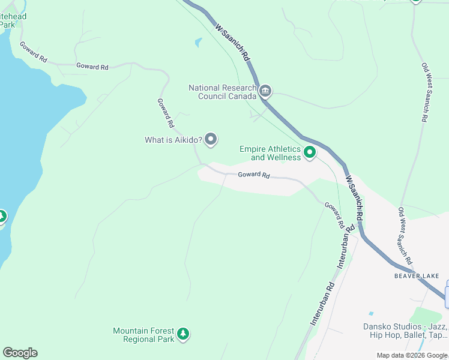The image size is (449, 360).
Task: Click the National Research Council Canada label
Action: [x=223, y=92]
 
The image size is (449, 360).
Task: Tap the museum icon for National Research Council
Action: [x=266, y=92]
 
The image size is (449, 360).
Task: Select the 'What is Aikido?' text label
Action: [x=173, y=140]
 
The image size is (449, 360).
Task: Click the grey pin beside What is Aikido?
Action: [x=211, y=140]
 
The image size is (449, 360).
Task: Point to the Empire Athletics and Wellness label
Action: [x=270, y=153]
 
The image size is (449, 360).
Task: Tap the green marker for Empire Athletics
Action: [x=310, y=153]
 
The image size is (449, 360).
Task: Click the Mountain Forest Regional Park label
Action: [x=144, y=335]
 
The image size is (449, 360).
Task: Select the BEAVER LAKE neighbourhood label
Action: [x=417, y=276]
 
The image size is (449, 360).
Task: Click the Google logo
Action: [x=20, y=353]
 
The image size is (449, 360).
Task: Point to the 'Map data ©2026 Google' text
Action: [x=412, y=355]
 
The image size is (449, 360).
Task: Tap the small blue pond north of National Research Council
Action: [x=198, y=43]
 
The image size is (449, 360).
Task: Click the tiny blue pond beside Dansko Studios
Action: [x=371, y=314]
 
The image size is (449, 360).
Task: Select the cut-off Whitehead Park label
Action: [x=12, y=20]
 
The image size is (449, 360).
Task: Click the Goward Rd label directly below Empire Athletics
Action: [x=253, y=175]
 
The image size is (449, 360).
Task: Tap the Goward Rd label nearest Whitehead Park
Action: [x=33, y=52]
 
